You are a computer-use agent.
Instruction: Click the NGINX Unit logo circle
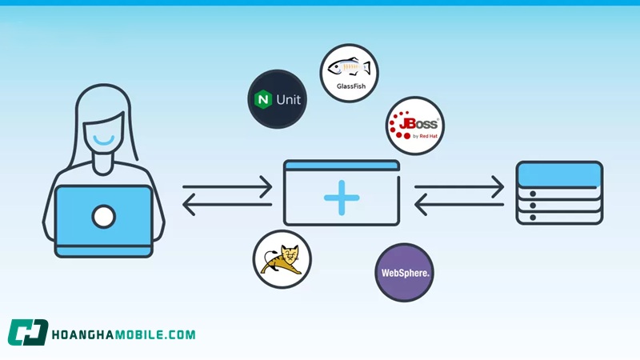click(278, 99)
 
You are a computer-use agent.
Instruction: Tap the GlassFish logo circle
click(349, 73)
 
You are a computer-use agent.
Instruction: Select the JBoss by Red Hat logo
click(415, 126)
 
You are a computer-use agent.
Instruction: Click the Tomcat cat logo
click(282, 259)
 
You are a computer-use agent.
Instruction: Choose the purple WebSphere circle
click(404, 273)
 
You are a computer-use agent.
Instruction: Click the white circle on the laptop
click(103, 216)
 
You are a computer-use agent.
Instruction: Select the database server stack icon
click(559, 193)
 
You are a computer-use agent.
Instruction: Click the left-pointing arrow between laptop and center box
click(228, 206)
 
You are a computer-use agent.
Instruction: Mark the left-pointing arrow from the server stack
click(459, 206)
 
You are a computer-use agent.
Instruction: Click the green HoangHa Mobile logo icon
click(28, 333)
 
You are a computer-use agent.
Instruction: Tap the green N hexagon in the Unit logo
click(262, 100)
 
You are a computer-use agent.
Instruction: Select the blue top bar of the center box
click(342, 166)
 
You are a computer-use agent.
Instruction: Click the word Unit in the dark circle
click(288, 100)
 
